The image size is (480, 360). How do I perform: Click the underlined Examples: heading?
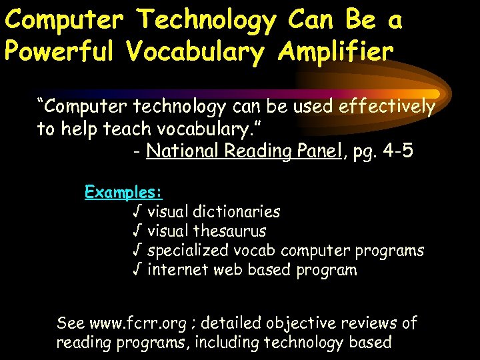(123, 193)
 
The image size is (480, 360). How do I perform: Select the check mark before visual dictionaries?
(136, 212)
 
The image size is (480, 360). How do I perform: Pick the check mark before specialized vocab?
(136, 251)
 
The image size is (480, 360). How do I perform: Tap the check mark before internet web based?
(136, 270)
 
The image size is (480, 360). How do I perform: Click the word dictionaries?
(236, 212)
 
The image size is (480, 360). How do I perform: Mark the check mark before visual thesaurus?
(136, 231)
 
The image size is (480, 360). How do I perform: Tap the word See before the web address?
(70, 324)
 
